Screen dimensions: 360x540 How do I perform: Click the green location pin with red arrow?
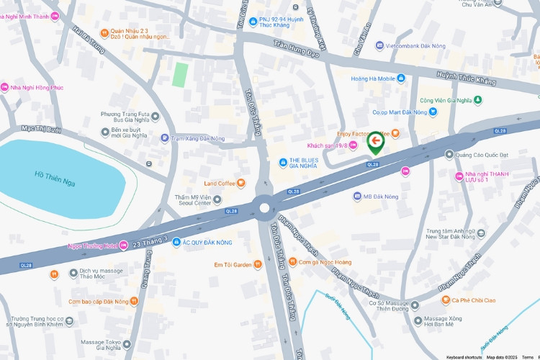click(375, 141)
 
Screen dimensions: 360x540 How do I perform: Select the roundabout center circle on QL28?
click(264, 208)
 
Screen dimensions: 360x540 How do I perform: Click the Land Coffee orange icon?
click(241, 183)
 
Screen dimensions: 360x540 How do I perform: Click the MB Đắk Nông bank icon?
click(356, 196)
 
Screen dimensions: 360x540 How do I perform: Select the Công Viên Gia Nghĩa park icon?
click(478, 100)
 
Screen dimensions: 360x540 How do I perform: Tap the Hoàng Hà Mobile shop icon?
click(401, 78)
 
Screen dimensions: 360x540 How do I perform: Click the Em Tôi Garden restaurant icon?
click(258, 265)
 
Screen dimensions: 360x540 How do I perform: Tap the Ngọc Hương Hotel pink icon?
click(123, 246)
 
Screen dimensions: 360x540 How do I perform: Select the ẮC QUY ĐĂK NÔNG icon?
click(176, 243)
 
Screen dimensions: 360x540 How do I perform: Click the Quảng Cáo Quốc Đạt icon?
click(449, 153)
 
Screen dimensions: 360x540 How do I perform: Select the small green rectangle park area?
click(180, 74)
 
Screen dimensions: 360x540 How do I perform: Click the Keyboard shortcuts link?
click(464, 357)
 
